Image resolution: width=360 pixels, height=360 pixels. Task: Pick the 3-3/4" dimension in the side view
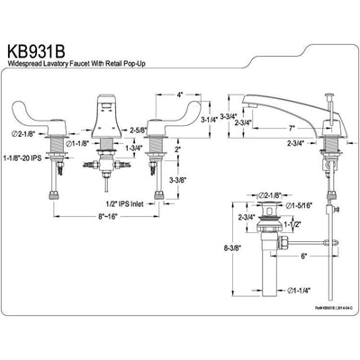(x=229, y=102)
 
